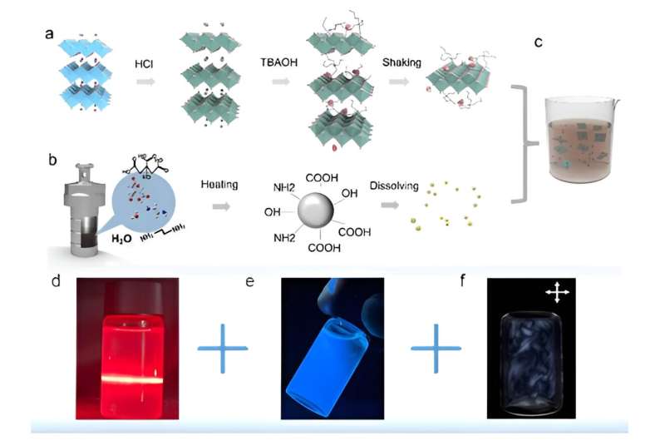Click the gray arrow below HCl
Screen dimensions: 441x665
(145, 82)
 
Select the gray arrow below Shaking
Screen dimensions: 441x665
(401, 82)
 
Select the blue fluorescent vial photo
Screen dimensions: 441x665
(329, 348)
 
